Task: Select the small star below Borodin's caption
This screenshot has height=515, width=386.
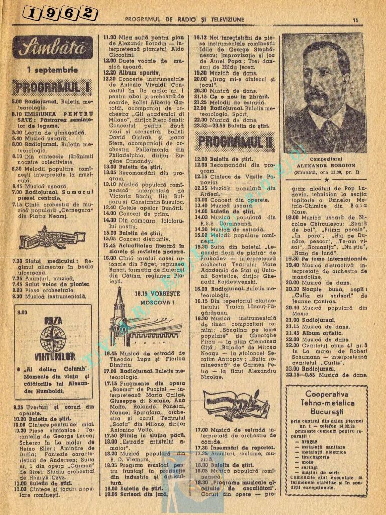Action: point(326,179)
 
